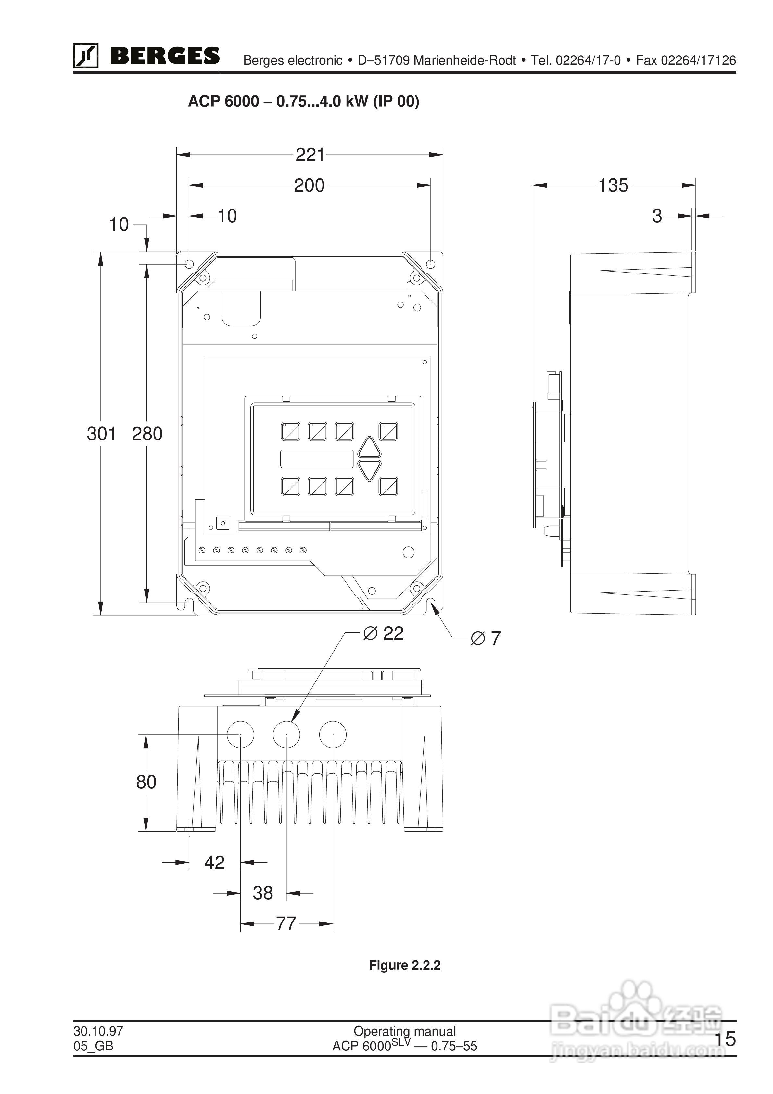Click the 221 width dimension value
click(310, 155)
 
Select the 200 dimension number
click(309, 185)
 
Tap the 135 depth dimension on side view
click(613, 185)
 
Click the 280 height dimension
click(147, 434)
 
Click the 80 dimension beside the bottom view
click(146, 782)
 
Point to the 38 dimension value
click(262, 893)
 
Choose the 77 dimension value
click(286, 923)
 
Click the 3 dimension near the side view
click(657, 216)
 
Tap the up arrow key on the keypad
click(369, 448)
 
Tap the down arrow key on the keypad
click(369, 470)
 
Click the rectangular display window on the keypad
click(316, 459)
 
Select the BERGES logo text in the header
click(165, 56)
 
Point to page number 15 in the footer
click(725, 1039)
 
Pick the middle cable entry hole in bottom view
click(286, 734)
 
